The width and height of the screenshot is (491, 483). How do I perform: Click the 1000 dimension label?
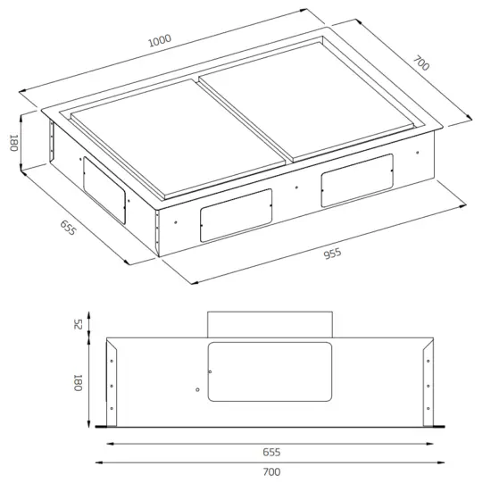pyautogui.click(x=160, y=41)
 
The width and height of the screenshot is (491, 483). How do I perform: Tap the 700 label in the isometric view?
pyautogui.click(x=421, y=65)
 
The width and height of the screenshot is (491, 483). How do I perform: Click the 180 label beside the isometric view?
pyautogui.click(x=13, y=143)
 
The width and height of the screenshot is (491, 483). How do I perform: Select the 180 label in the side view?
pyautogui.click(x=78, y=383)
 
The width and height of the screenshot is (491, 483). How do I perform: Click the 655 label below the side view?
pyautogui.click(x=271, y=451)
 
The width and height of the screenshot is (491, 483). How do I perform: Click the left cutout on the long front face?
pyautogui.click(x=235, y=215)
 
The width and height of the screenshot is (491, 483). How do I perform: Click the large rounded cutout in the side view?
pyautogui.click(x=270, y=371)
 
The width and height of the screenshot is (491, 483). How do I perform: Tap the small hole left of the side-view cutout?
pyautogui.click(x=196, y=388)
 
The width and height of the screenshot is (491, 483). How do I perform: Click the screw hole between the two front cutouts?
pyautogui.click(x=297, y=188)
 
